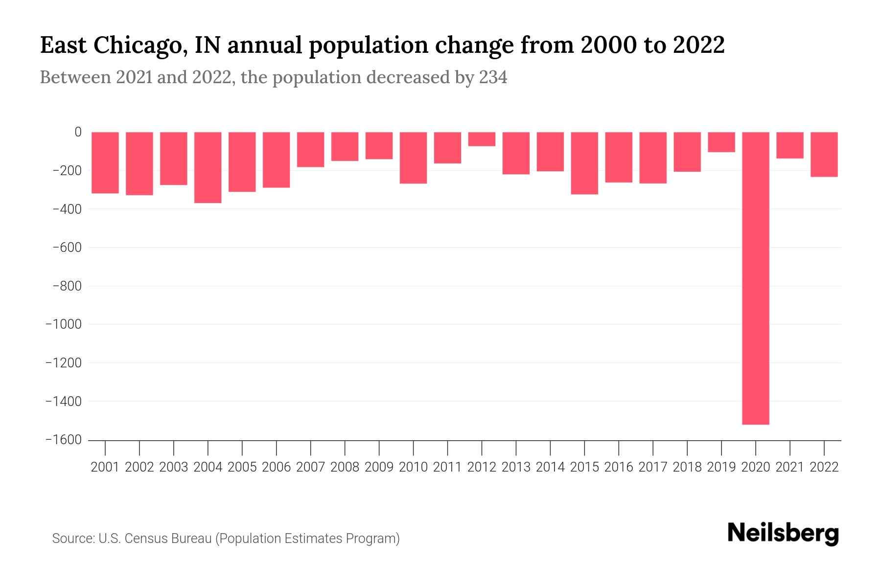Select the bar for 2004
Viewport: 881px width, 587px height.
point(208,167)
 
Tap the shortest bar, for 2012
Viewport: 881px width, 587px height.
point(482,139)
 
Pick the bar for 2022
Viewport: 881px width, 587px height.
point(824,154)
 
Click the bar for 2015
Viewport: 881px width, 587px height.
point(584,163)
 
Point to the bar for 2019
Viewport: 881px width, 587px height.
point(721,142)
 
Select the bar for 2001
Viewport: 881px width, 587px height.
point(105,162)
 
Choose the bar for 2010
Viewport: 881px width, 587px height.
point(413,158)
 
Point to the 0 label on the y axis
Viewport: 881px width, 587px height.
point(78,132)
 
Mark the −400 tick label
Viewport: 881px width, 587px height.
point(67,209)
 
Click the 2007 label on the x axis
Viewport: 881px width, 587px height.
point(310,467)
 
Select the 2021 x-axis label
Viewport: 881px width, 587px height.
point(789,467)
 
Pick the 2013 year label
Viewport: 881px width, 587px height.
point(516,467)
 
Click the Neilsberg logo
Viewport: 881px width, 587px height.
point(783,533)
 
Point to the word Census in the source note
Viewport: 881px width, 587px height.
point(146,539)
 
